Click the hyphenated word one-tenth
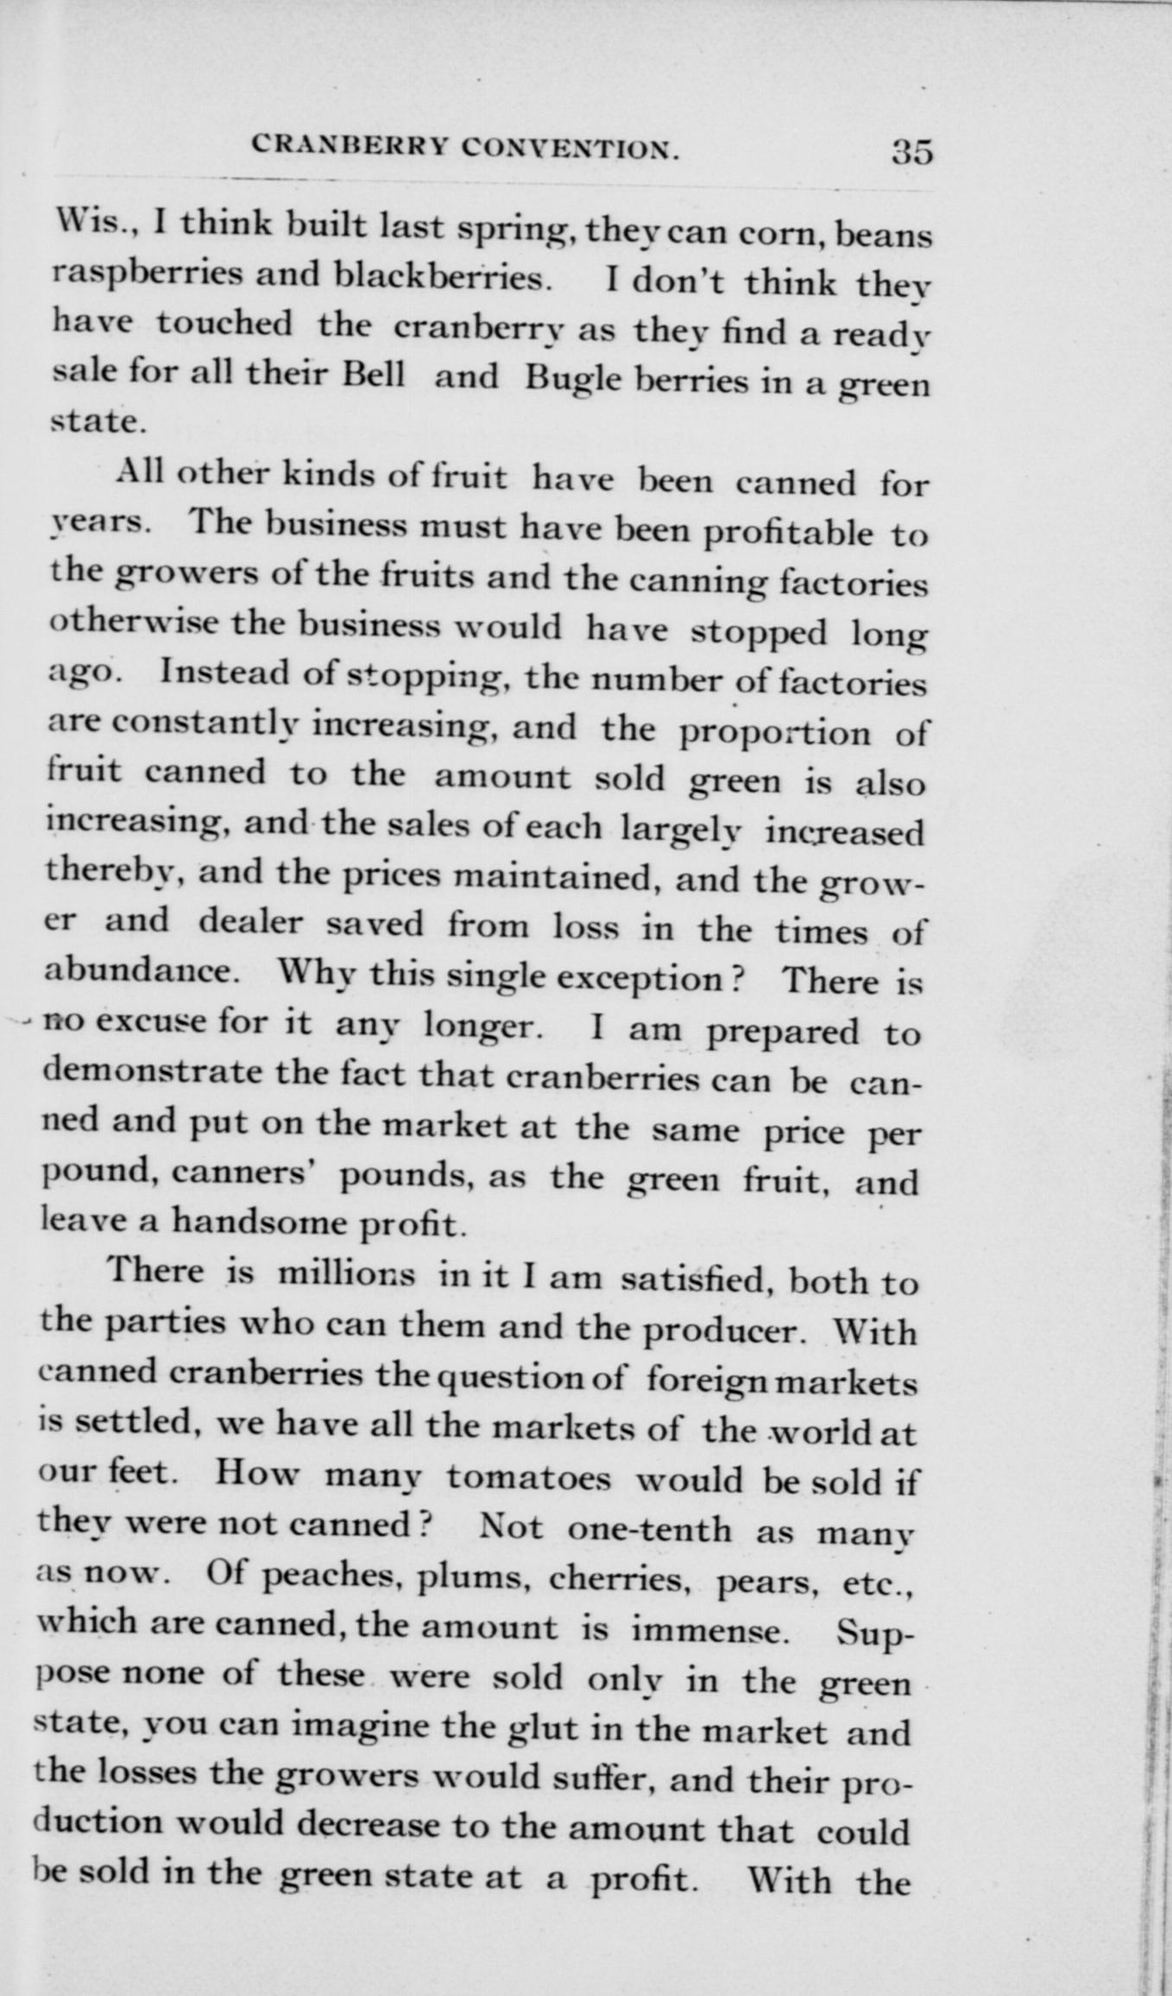pyautogui.click(x=649, y=1528)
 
